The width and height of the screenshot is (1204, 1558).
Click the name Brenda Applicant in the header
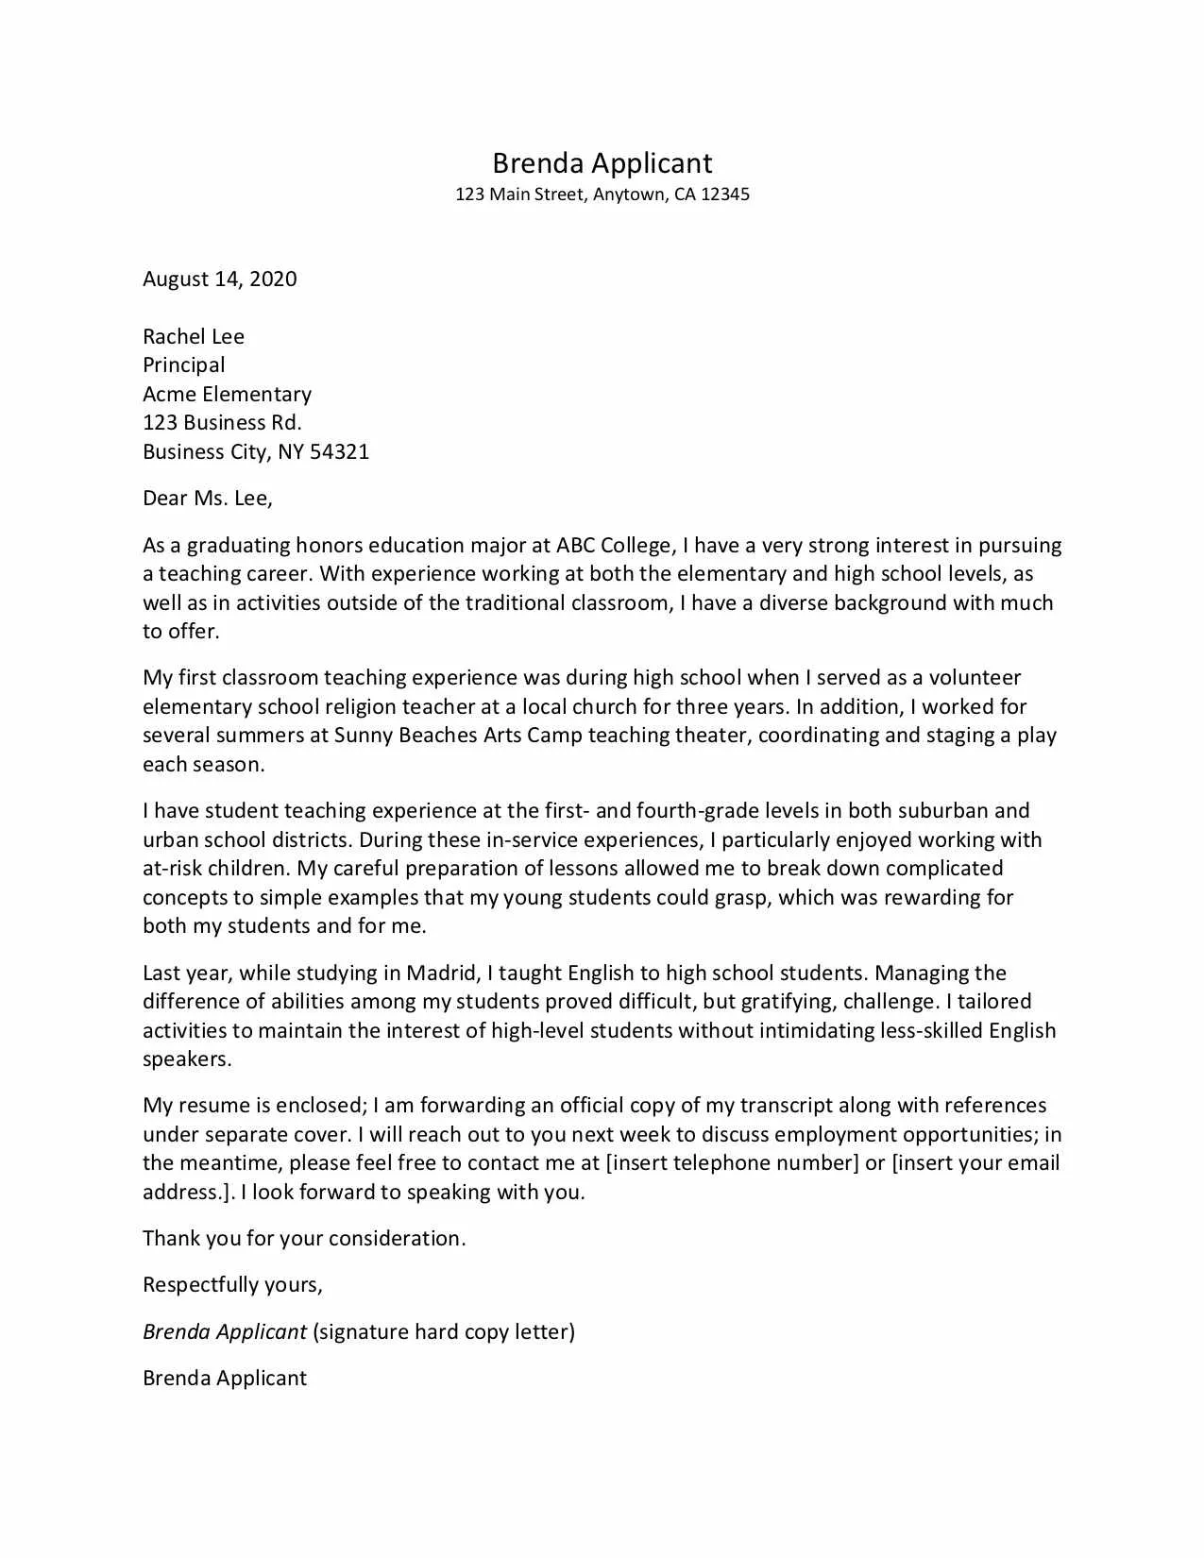(x=602, y=163)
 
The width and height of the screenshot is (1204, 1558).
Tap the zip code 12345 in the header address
(x=724, y=195)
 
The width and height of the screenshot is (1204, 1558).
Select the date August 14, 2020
(x=219, y=279)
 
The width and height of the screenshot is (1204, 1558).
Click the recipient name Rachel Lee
(x=193, y=336)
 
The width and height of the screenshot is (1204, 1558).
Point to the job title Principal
(x=183, y=364)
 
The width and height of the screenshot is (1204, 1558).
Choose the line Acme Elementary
(x=227, y=394)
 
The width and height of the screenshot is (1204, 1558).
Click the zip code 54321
(x=339, y=451)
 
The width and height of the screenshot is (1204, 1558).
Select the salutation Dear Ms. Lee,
(x=207, y=498)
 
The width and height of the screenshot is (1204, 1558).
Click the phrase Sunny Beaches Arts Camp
(x=458, y=735)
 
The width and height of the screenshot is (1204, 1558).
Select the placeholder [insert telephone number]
(x=732, y=1162)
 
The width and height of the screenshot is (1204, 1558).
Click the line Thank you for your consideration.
(x=304, y=1238)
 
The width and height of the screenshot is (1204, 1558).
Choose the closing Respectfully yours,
(x=232, y=1284)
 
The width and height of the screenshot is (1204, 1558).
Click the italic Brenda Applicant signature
(x=224, y=1331)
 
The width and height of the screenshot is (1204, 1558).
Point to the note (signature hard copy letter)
(x=443, y=1331)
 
